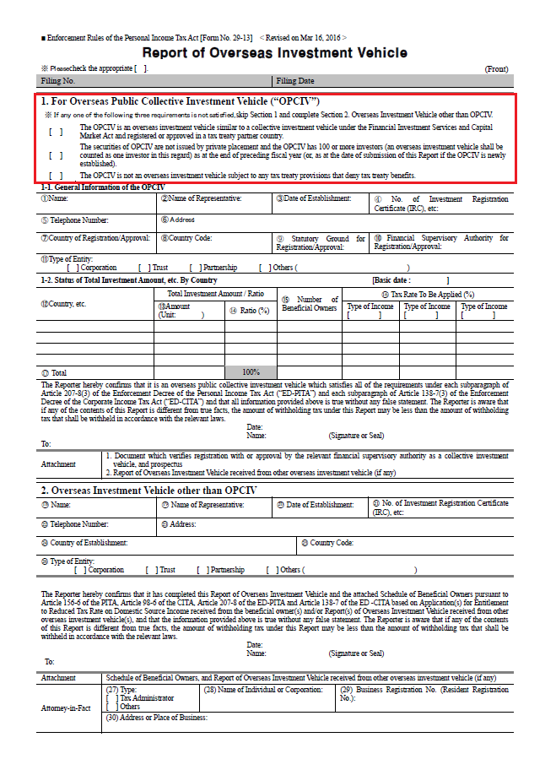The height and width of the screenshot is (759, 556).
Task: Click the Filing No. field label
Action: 58,81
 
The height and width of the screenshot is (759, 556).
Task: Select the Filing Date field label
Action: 295,81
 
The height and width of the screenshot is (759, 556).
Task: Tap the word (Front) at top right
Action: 496,68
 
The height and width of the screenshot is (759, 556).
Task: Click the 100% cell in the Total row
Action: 251,371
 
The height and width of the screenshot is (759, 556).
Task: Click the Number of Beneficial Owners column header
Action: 310,304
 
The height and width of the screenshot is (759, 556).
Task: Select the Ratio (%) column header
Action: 250,311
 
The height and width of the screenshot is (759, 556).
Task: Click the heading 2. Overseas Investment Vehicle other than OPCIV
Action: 149,490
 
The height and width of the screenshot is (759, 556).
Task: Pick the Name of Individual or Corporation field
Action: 262,690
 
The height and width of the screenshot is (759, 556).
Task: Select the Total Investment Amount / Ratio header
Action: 215,293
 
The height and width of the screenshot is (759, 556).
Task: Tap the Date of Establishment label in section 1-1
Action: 312,198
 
